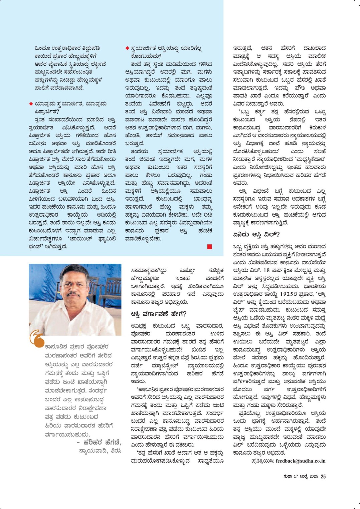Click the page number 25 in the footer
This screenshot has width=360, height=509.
pos(323,476)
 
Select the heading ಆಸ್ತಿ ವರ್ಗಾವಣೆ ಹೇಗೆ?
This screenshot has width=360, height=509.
pos(159,314)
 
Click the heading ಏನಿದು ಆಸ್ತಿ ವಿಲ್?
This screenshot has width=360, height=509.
pos(256,235)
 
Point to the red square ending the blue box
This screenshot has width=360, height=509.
pos(209,247)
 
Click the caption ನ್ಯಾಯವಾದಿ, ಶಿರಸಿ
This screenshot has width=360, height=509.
pos(100,451)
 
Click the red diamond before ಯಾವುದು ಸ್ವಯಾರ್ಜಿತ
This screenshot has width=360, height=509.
pos(31,104)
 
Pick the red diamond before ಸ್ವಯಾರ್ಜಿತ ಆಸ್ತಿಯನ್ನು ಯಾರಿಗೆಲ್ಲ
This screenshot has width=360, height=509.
pos(127,48)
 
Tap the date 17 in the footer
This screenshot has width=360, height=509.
pos(296,476)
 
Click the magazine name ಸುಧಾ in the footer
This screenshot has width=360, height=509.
pos(288,476)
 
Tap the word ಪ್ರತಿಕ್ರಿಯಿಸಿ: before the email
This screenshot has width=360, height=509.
pos(263,461)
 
